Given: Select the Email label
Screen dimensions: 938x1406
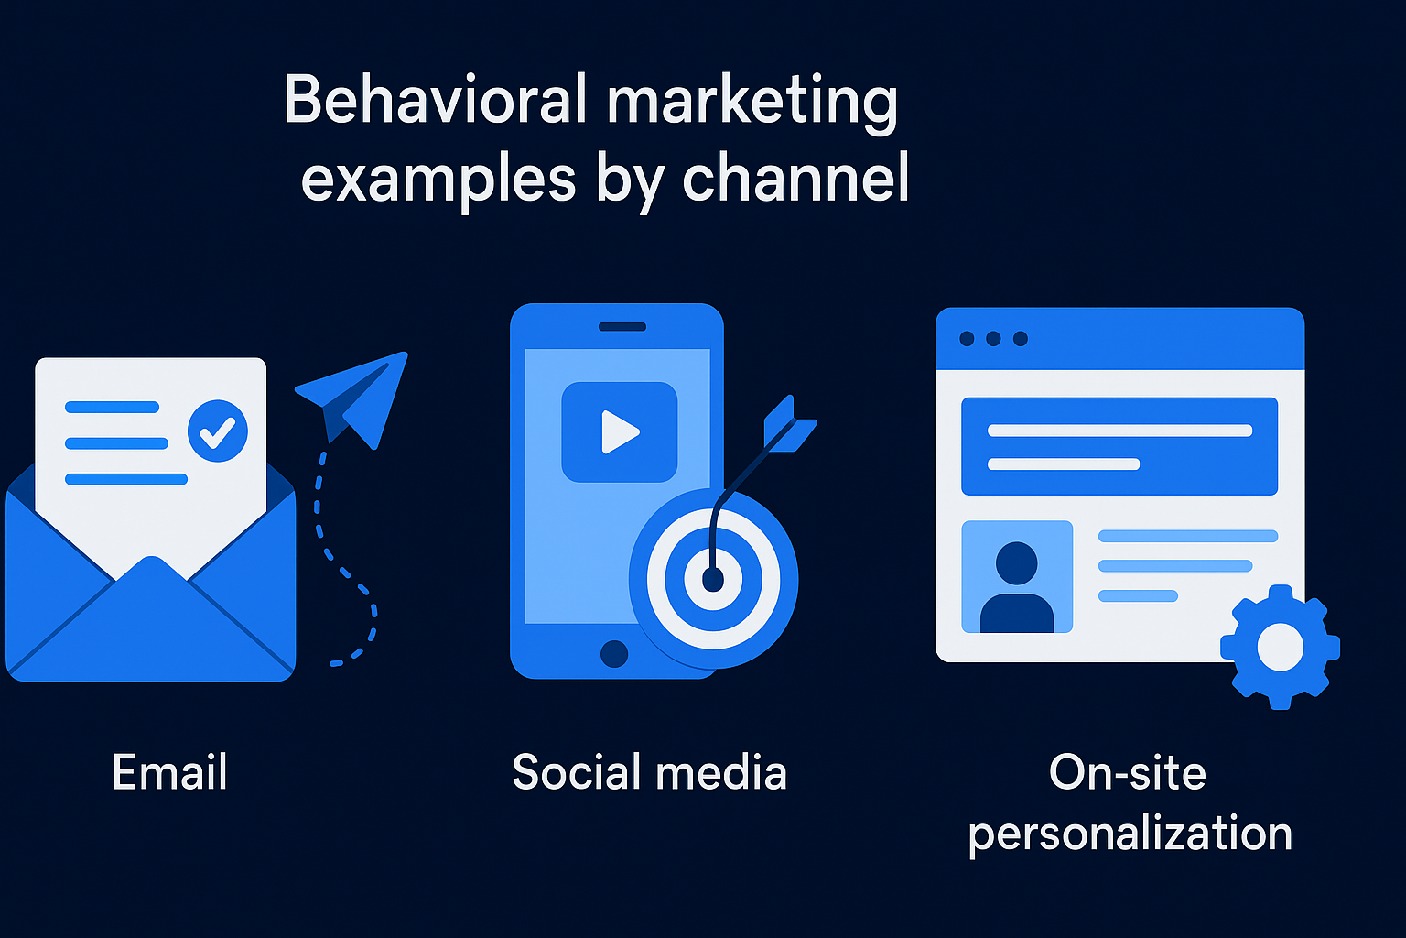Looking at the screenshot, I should (x=169, y=771).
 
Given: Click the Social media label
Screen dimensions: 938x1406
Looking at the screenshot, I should (x=649, y=771).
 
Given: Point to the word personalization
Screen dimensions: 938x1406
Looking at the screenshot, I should (x=1130, y=834).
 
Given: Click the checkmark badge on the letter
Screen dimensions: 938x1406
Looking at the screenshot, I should (x=218, y=431).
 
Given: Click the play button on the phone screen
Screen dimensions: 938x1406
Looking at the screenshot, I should (x=620, y=431).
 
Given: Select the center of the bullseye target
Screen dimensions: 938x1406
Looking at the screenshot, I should (x=713, y=579).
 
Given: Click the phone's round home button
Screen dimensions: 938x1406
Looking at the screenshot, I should (x=614, y=653).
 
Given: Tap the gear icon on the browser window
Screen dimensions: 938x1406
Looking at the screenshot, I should (x=1280, y=647).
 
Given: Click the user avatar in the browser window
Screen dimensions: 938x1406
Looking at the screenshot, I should (x=1016, y=577).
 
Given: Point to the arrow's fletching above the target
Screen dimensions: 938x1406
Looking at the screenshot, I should (x=787, y=423).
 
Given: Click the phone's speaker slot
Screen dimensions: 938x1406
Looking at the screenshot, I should (x=622, y=326).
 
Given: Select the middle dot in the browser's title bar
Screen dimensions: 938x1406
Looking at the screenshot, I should (x=993, y=339).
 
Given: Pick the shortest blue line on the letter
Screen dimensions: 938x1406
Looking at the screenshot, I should (x=112, y=407).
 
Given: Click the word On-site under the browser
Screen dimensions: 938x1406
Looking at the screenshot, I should (x=1128, y=771).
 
